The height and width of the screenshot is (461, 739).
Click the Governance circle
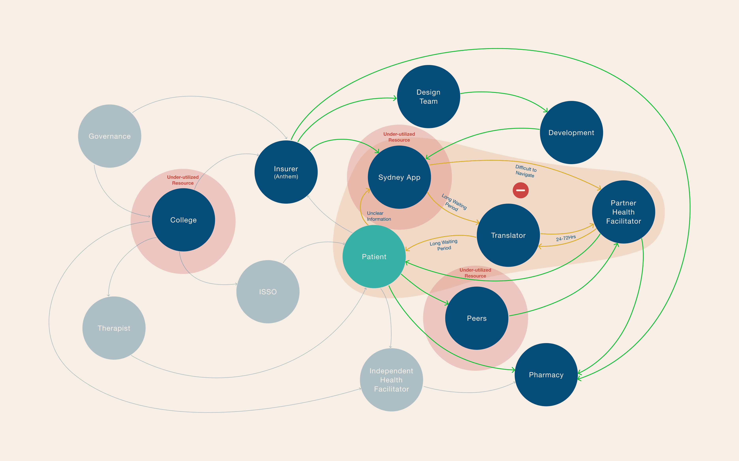tap(110, 136)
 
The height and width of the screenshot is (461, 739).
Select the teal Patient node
tap(374, 257)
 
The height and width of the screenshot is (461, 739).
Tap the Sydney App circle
tap(399, 177)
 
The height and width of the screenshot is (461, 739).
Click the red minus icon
tap(520, 190)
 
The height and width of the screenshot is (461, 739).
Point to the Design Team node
tap(429, 97)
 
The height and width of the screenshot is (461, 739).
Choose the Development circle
tap(571, 133)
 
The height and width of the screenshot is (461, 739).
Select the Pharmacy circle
tap(546, 375)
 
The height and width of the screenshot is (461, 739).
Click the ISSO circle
tap(268, 292)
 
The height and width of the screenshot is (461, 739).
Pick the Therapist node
tap(114, 328)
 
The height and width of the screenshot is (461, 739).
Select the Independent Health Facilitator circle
tap(391, 380)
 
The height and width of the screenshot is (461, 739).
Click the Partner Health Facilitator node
tap(624, 212)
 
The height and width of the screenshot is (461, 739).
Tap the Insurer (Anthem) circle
tap(286, 172)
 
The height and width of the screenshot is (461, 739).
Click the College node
tap(183, 220)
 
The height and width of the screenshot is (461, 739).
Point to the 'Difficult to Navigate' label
tap(525, 171)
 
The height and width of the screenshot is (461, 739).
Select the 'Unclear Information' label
tap(379, 216)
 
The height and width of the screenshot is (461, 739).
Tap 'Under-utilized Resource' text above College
tap(183, 180)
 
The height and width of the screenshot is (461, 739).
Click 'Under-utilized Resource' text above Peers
tap(475, 273)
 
